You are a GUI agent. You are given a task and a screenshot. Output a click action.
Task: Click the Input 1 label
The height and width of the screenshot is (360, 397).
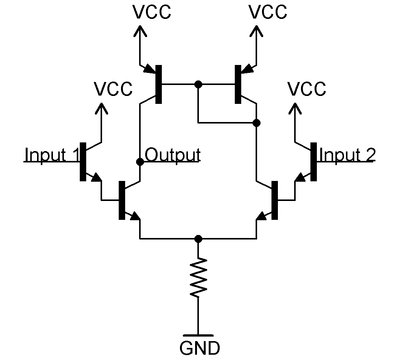(52, 155)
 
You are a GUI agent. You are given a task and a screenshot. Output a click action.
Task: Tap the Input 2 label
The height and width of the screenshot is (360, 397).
(347, 155)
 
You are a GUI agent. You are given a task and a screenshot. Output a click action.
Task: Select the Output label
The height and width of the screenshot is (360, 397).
(172, 155)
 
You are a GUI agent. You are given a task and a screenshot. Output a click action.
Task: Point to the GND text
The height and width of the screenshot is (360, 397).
(199, 348)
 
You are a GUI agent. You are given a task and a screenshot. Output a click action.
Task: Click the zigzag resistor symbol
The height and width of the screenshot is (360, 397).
(198, 277)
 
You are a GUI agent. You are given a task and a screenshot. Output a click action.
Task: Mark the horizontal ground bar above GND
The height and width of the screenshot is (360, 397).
(198, 335)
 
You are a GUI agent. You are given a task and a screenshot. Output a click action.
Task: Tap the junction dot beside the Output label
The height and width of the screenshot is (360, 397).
(140, 162)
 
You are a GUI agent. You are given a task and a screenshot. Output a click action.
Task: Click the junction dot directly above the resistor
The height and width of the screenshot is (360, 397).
(198, 239)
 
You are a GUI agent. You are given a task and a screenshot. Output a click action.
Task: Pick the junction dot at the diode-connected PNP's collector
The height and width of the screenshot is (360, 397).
(256, 123)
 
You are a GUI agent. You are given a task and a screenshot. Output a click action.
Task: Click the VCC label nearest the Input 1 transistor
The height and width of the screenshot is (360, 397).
(113, 89)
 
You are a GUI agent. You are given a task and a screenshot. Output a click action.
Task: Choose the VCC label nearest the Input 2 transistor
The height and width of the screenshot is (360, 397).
(307, 89)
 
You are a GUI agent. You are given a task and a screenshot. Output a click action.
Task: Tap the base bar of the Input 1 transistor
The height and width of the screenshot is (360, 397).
(82, 162)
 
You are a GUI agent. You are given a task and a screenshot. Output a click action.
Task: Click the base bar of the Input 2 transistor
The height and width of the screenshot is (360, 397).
(313, 162)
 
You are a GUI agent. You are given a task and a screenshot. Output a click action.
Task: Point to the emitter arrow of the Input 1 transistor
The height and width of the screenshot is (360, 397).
(96, 177)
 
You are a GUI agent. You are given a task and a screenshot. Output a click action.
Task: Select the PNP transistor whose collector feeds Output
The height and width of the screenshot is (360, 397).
(158, 84)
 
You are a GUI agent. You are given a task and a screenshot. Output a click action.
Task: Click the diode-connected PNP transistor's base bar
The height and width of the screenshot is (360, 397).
(238, 84)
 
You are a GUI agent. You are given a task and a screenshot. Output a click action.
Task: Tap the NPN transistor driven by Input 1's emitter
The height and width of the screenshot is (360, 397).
(122, 200)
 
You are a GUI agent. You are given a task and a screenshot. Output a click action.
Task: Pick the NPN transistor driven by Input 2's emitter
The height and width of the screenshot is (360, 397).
(274, 200)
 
